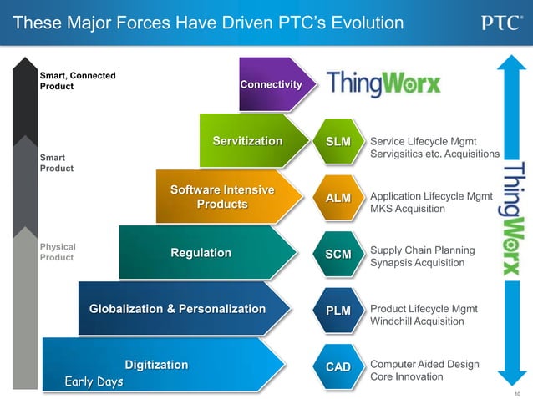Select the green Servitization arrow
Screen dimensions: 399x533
[248, 140]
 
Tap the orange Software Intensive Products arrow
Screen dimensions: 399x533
[222, 197]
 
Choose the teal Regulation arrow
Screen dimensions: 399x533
[201, 252]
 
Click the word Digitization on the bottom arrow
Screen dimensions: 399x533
[156, 365]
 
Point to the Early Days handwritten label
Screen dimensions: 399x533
[94, 382]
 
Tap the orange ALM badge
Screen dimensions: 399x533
[338, 198]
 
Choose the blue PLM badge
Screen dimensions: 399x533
[338, 311]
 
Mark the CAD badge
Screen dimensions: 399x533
[338, 366]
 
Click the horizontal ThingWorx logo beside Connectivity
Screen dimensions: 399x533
[383, 83]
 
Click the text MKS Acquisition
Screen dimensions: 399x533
[408, 209]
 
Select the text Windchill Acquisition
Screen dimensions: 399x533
[417, 321]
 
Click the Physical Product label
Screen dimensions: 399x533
[58, 252]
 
